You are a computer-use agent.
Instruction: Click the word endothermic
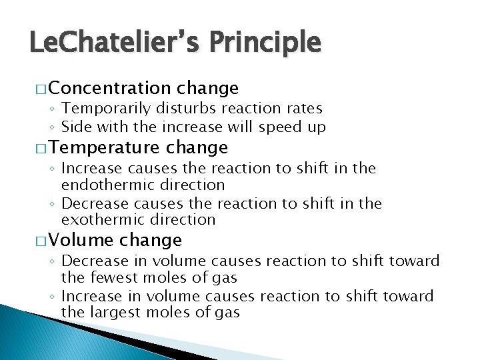(104, 185)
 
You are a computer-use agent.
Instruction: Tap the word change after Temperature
(197, 147)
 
